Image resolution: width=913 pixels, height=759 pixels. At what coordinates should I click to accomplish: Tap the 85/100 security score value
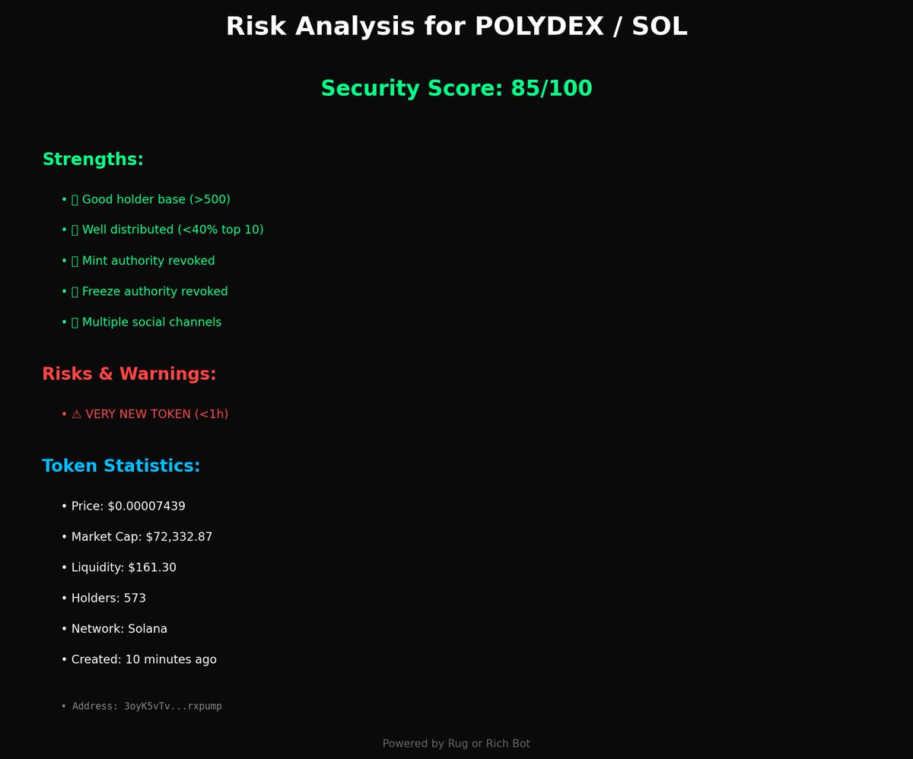tap(551, 88)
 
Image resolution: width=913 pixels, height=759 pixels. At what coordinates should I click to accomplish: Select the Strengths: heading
tap(93, 160)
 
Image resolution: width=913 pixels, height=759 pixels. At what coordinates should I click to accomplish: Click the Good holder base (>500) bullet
tap(155, 199)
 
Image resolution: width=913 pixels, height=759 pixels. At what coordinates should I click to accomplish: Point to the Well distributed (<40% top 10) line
tap(172, 230)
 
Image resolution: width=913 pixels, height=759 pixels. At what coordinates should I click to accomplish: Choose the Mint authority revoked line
tap(148, 261)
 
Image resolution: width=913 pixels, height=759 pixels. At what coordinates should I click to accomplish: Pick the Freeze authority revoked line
tap(154, 291)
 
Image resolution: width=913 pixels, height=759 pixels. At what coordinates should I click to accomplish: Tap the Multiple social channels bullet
tap(151, 322)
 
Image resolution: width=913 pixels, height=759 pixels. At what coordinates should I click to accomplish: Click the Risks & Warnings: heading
tap(129, 374)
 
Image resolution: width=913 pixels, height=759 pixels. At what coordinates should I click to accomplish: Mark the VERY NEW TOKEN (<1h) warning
tap(156, 414)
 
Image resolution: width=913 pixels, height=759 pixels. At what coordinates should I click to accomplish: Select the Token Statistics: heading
tap(121, 466)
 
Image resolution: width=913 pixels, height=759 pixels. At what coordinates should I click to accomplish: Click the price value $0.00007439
tap(146, 507)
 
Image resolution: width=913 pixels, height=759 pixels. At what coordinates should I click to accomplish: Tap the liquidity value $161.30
tap(152, 567)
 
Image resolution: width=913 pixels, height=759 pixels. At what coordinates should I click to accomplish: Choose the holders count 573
tap(135, 599)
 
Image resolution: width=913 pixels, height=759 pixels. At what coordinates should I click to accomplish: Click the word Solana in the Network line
tap(148, 629)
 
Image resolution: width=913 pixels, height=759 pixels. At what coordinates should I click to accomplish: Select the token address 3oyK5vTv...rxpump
tap(173, 707)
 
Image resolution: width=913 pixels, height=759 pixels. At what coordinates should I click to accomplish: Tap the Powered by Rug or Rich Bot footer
tap(456, 744)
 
